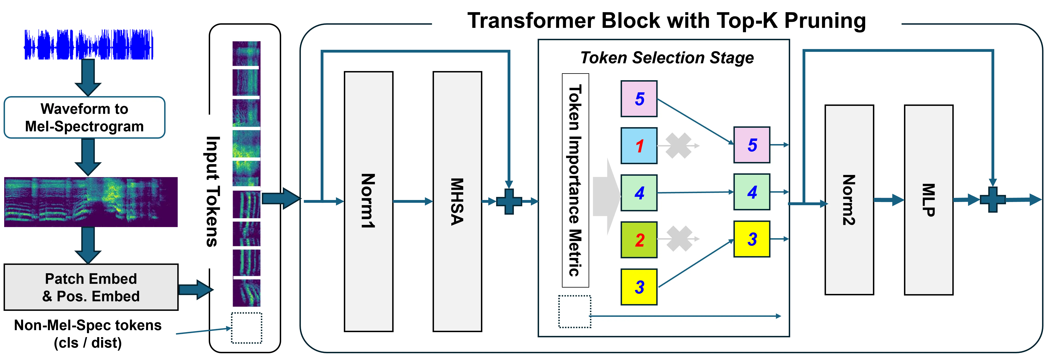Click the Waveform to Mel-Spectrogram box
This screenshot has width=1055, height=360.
click(84, 118)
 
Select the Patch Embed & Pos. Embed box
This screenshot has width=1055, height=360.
click(91, 287)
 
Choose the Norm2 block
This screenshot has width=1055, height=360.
click(849, 200)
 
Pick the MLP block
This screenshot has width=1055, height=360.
click(928, 200)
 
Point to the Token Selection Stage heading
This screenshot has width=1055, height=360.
click(667, 58)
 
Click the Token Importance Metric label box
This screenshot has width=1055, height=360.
click(575, 180)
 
